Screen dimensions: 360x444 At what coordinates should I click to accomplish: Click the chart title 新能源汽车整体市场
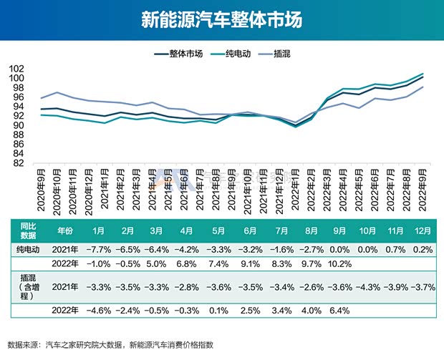[221, 19]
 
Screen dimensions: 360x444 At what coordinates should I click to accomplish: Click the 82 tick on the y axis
[21, 163]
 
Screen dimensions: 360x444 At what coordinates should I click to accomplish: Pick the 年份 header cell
[65, 232]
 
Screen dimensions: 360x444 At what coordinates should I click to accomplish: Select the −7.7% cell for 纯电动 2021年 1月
[100, 249]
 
